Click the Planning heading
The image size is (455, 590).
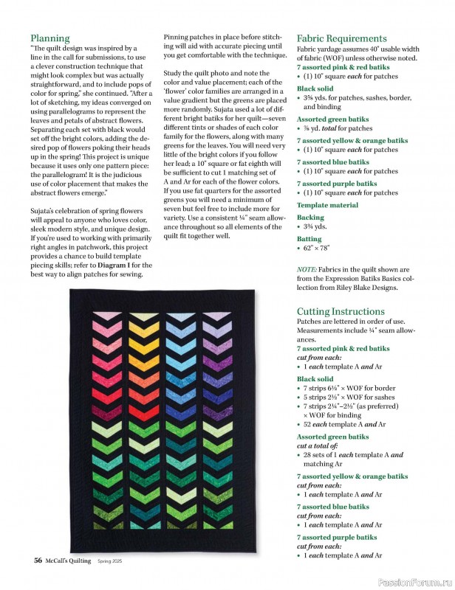(x=50, y=38)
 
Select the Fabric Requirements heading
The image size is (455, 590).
(x=341, y=38)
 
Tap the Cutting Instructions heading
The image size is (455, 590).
(x=341, y=312)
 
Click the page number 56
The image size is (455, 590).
(x=37, y=560)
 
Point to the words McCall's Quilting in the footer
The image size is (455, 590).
(x=70, y=560)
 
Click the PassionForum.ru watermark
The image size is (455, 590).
(x=414, y=581)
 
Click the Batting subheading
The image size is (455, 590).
(x=309, y=240)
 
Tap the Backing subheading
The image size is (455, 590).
(x=310, y=218)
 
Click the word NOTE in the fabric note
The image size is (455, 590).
(x=307, y=270)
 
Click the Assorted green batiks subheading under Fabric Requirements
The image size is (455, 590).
(x=332, y=119)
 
